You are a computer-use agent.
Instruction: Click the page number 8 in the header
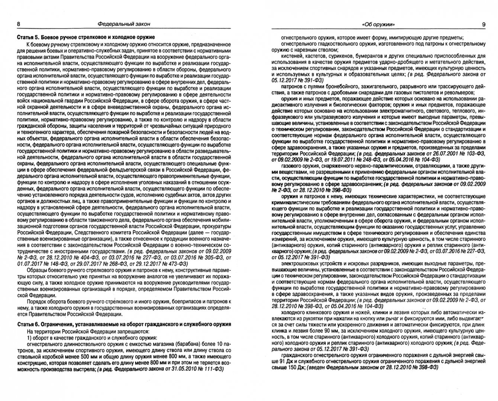[x=19, y=24]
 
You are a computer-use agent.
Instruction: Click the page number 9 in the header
[x=484, y=25]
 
